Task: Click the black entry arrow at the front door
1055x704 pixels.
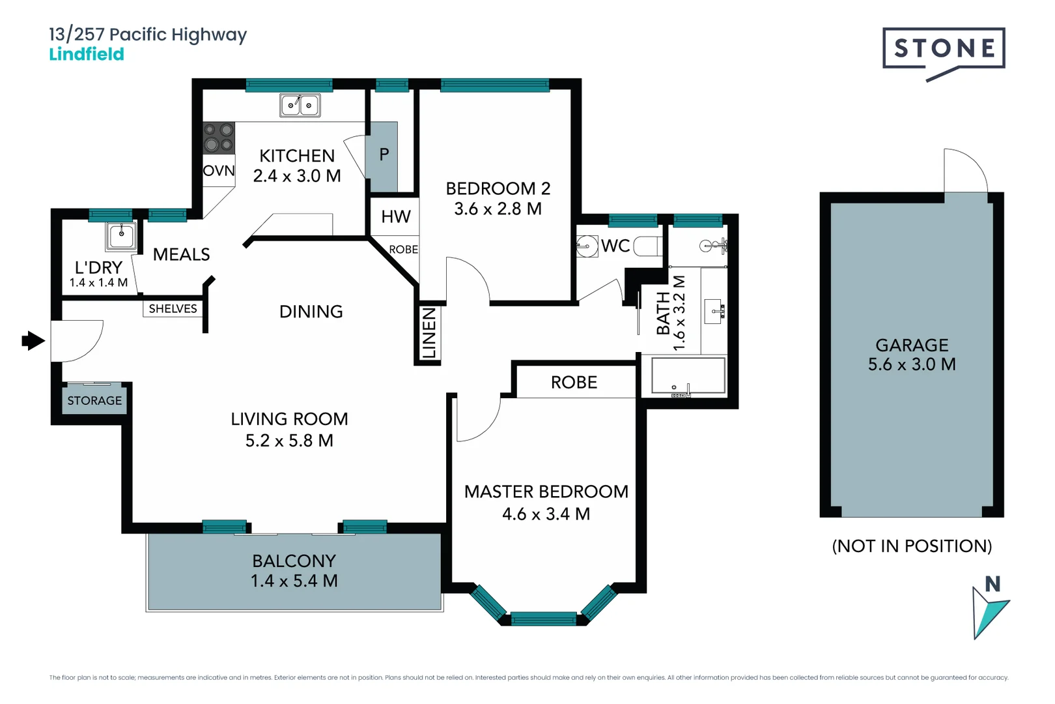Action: (x=33, y=340)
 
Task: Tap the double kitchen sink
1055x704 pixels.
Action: (x=300, y=105)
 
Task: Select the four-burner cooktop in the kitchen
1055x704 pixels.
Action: (x=218, y=138)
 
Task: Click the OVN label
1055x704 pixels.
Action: (x=219, y=171)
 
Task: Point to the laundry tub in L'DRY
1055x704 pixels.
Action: (x=121, y=235)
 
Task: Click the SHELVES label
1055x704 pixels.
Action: (x=173, y=309)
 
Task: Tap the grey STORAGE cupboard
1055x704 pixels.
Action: (x=94, y=401)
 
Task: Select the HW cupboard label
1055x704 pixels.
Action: (x=396, y=216)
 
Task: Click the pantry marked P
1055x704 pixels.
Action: (x=384, y=155)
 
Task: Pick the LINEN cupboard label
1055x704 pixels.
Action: (x=429, y=334)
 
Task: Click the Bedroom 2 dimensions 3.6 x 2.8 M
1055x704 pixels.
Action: (x=498, y=209)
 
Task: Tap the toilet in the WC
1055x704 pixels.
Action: (x=649, y=246)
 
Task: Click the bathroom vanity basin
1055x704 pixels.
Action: (x=714, y=312)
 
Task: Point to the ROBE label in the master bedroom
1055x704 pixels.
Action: (x=574, y=383)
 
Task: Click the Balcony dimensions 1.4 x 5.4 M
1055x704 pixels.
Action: (x=294, y=581)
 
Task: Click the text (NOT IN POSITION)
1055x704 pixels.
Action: (x=912, y=546)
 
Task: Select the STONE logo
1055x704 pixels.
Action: (x=944, y=50)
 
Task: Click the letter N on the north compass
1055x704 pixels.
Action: (x=992, y=584)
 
